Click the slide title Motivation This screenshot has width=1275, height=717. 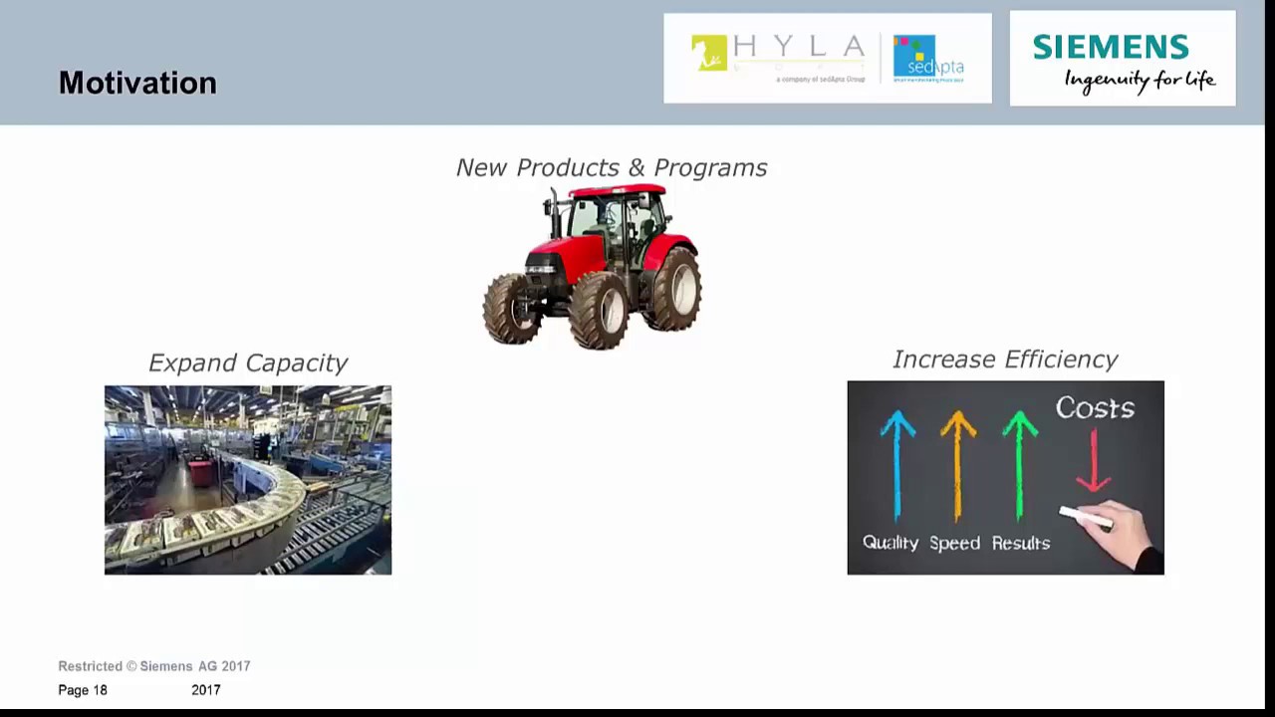[137, 83]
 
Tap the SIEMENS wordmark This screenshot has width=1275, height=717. [1110, 47]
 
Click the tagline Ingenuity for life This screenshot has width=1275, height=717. [1140, 80]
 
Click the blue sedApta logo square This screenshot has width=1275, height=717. [914, 55]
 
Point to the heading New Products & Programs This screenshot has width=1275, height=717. [612, 167]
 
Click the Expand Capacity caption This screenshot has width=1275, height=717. [247, 362]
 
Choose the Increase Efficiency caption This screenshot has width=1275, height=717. [1004, 359]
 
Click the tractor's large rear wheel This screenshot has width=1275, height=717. [675, 290]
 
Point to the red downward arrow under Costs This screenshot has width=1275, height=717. [1094, 460]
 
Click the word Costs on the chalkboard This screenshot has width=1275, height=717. [1095, 408]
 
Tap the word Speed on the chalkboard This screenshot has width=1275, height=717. [954, 543]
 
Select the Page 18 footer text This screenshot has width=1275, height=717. [83, 690]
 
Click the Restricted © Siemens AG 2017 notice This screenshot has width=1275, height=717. [154, 666]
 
